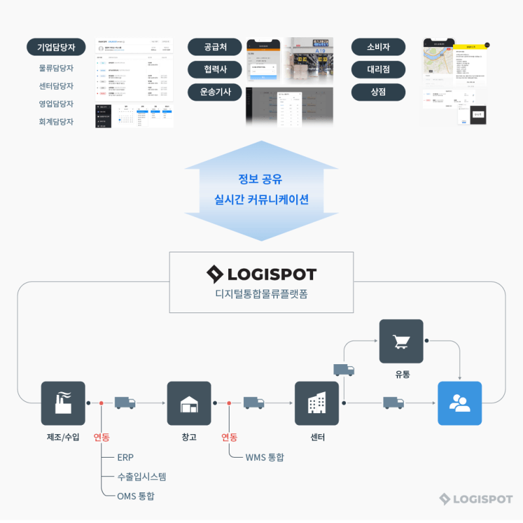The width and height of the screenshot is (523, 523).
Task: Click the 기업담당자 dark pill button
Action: [x=56, y=47]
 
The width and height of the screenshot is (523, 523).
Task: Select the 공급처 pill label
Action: [x=215, y=47]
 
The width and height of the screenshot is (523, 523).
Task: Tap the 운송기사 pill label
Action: [x=215, y=92]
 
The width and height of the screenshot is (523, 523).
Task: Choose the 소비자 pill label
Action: [x=379, y=47]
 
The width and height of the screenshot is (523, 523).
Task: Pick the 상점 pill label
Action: [x=379, y=92]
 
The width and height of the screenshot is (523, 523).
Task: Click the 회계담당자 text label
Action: [x=56, y=122]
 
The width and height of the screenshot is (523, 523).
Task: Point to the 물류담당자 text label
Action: [x=56, y=68]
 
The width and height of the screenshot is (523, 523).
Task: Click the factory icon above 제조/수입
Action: [x=63, y=403]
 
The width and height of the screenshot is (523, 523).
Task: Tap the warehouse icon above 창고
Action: [x=189, y=403]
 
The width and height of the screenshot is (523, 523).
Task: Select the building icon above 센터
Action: [x=316, y=403]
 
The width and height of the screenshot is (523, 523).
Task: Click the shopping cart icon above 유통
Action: [x=401, y=341]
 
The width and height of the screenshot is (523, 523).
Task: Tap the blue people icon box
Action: [x=460, y=403]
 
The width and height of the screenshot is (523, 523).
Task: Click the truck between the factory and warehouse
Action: [x=125, y=403]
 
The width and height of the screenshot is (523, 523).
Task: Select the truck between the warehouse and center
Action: [x=254, y=403]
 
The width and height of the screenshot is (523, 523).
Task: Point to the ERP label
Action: [x=126, y=457]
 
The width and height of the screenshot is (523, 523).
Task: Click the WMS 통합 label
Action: [x=265, y=457]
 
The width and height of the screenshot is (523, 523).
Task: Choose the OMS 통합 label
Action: [x=136, y=496]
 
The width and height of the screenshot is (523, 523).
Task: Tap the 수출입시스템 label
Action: [x=142, y=477]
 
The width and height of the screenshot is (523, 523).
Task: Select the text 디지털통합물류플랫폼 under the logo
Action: [x=261, y=294]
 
